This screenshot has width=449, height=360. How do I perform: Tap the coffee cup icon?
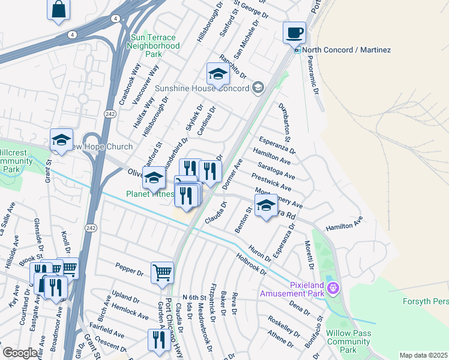click(294, 32)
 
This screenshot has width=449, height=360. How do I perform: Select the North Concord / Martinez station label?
click(346, 50)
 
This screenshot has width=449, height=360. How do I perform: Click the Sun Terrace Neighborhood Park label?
click(154, 46)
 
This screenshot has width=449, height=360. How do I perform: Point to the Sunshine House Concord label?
click(202, 89)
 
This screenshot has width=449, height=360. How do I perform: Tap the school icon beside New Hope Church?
click(61, 140)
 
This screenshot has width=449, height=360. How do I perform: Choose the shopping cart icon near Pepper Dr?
click(162, 273)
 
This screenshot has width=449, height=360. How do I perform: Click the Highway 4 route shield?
click(71, 35)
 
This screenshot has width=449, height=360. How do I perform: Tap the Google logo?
click(20, 353)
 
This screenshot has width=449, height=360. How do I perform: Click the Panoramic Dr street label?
click(315, 74)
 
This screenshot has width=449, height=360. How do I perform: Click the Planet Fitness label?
click(149, 194)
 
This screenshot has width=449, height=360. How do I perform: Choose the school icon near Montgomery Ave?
click(265, 205)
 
